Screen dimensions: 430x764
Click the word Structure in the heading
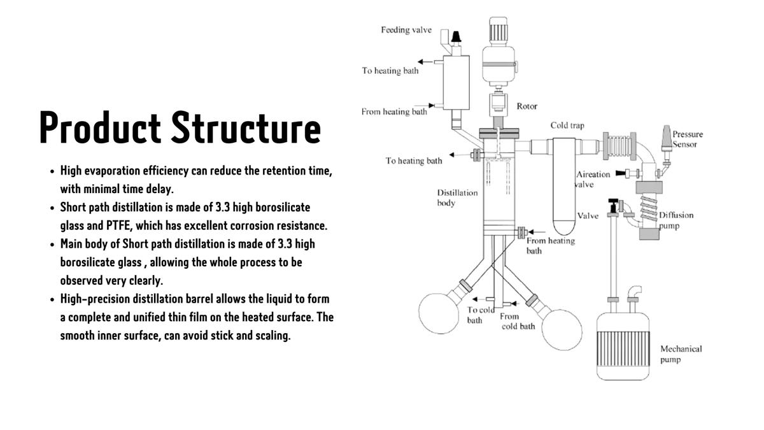[246, 127]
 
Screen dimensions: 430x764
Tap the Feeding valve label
[406, 30]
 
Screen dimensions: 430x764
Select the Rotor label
[527, 106]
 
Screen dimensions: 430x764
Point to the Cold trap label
[567, 125]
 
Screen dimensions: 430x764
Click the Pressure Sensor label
[687, 139]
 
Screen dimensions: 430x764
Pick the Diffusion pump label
[676, 220]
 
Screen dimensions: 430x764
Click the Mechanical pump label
[681, 354]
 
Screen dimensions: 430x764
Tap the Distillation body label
[456, 197]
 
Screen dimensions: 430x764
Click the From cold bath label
[517, 321]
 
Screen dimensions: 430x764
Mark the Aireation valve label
[592, 179]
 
